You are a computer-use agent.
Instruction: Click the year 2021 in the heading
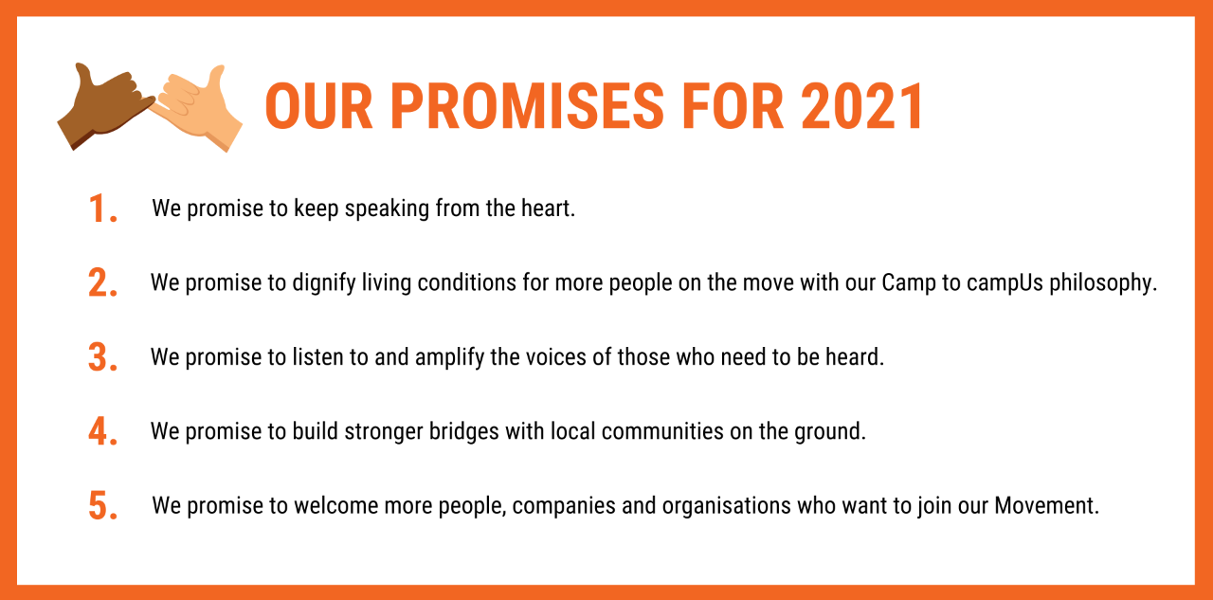click(x=862, y=106)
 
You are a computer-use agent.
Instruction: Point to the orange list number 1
click(x=102, y=209)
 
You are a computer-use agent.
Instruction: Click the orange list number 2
click(x=102, y=282)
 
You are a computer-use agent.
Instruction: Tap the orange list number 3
click(x=102, y=357)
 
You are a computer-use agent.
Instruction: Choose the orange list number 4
click(x=102, y=431)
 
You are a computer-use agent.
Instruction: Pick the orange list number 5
click(x=102, y=506)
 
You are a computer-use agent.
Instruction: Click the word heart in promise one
click(x=548, y=209)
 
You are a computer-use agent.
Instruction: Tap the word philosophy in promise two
click(x=1102, y=283)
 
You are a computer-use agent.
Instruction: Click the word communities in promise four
click(x=662, y=431)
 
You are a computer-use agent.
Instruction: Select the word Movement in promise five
click(x=1047, y=506)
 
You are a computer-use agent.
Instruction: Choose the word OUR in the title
click(x=319, y=106)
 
